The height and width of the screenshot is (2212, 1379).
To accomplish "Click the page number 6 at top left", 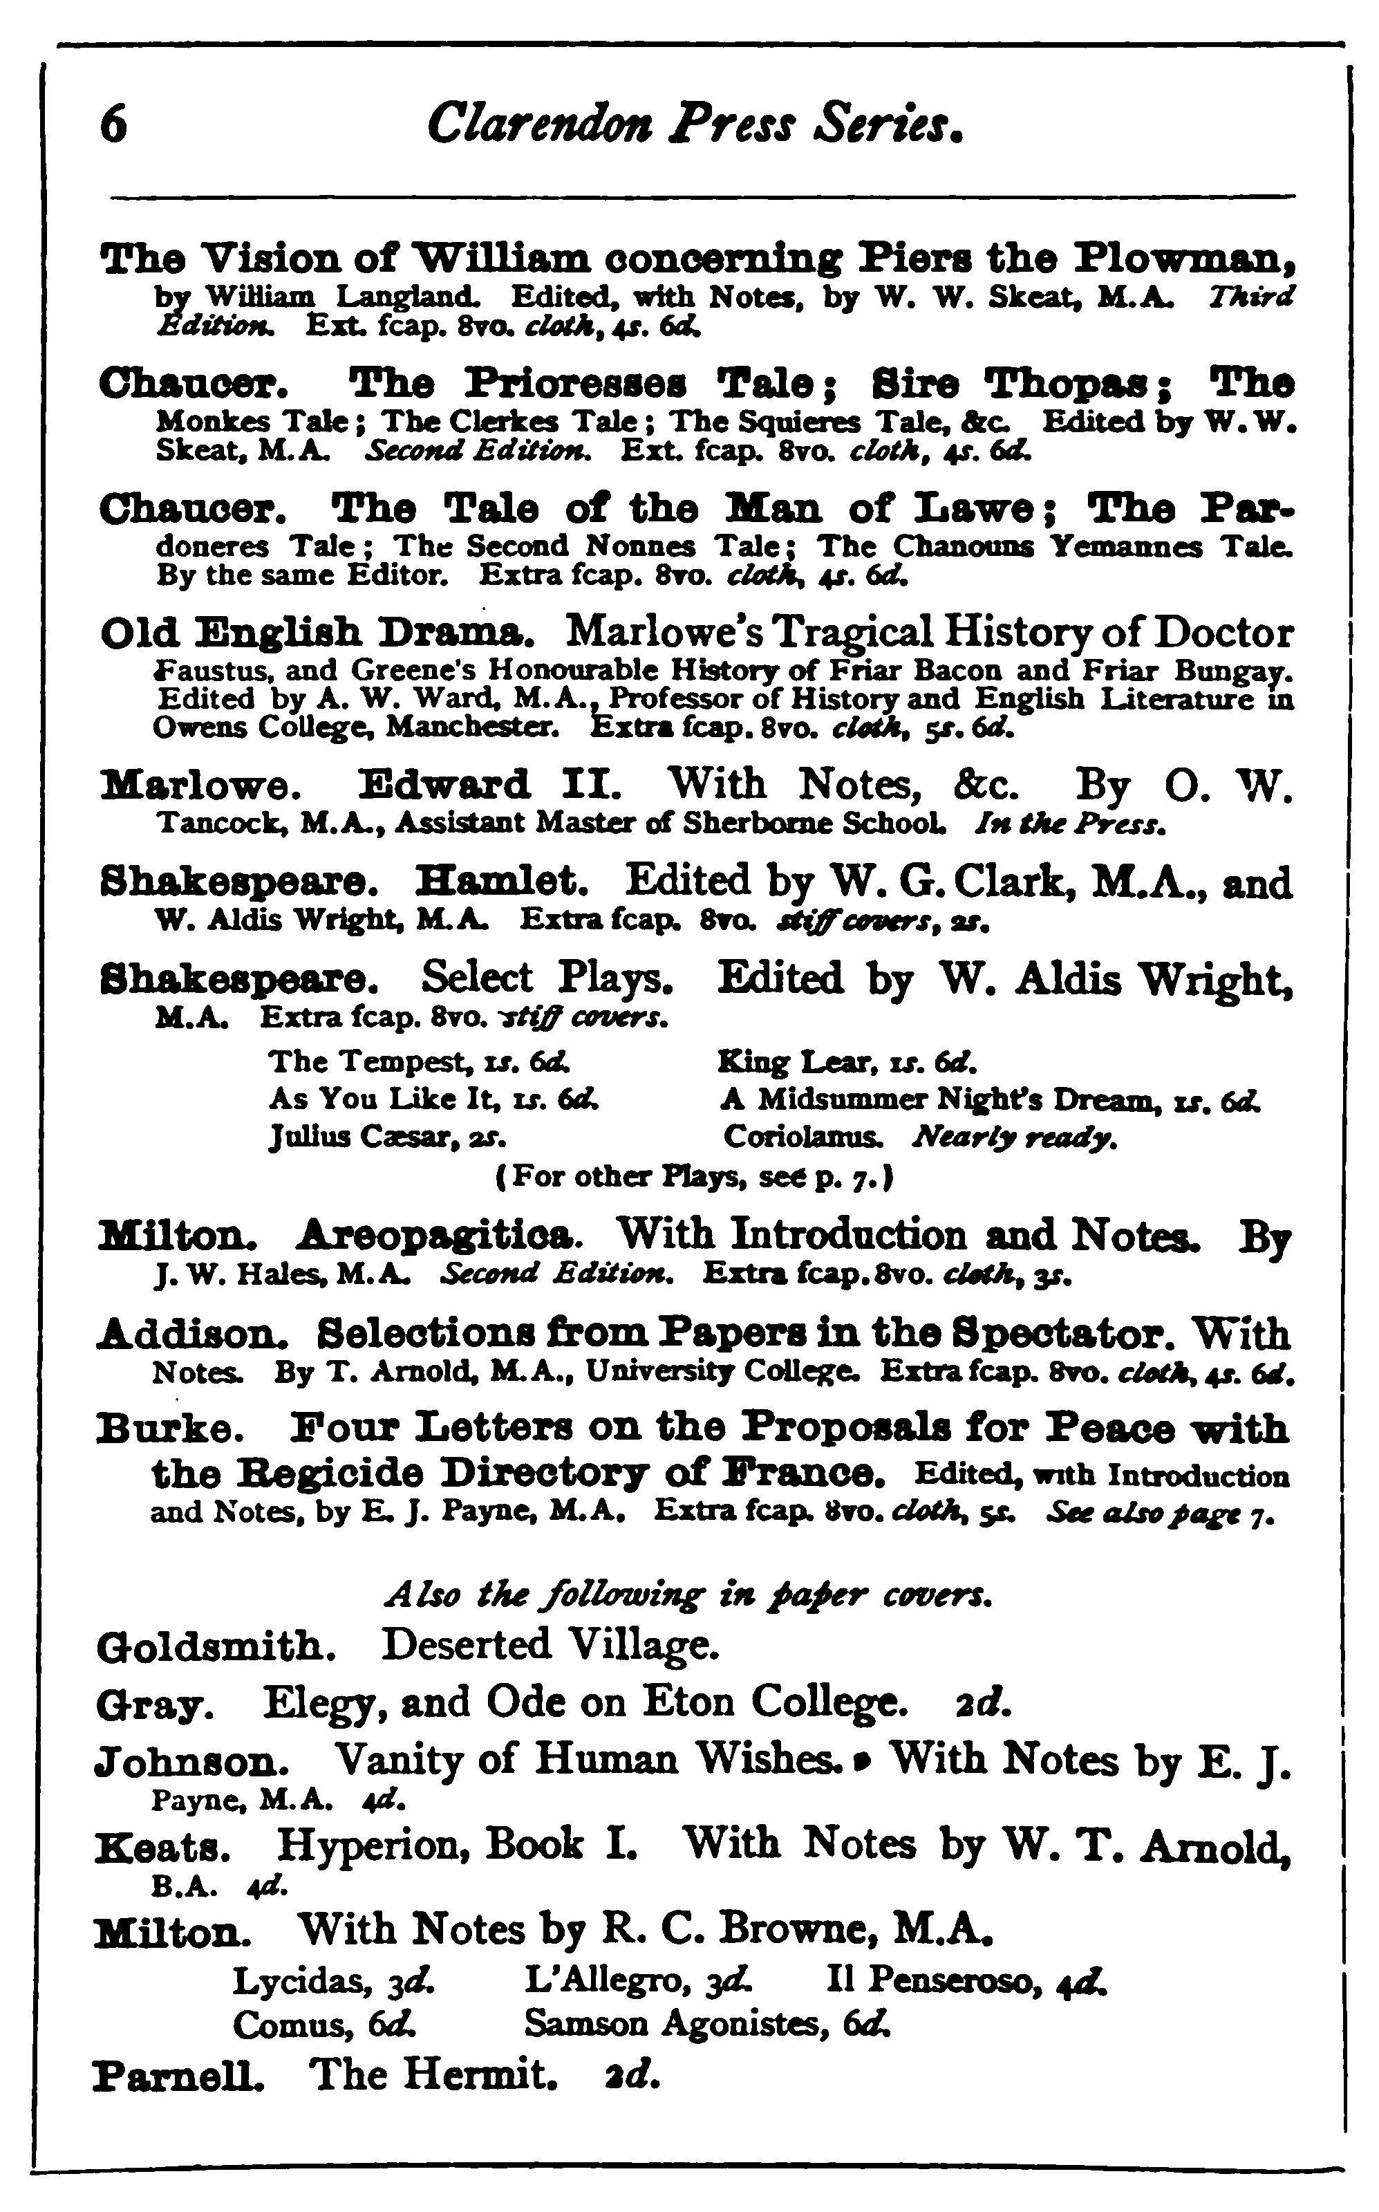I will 113,126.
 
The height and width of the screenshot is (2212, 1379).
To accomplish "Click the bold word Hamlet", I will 502,882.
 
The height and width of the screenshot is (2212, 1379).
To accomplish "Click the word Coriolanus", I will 802,1137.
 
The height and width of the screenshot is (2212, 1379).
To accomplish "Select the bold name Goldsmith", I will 216,1644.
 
